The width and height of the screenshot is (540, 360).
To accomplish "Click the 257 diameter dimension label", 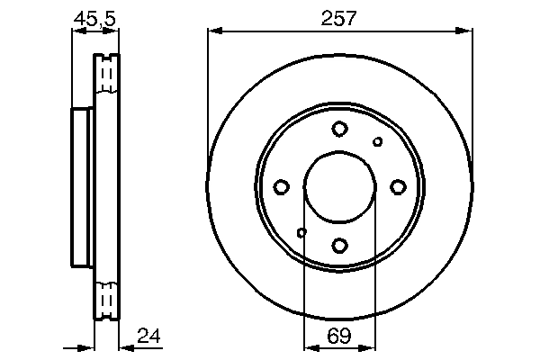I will coord(339,17).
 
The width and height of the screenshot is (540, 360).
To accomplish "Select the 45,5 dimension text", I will coord(94,17).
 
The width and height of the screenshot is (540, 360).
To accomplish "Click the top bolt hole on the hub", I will coord(339,129).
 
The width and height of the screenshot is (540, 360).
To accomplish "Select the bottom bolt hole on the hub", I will coord(339,244).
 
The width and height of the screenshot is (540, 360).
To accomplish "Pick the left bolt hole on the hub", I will coord(281,186).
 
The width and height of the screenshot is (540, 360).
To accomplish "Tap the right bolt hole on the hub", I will coord(398,186).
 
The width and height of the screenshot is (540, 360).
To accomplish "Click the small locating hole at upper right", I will coord(377,141).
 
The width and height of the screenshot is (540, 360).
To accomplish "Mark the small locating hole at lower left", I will coord(301,232).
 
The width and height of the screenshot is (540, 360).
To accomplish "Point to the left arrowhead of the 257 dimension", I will coord(213,31).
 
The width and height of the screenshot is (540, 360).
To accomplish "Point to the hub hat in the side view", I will coord(82,186).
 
